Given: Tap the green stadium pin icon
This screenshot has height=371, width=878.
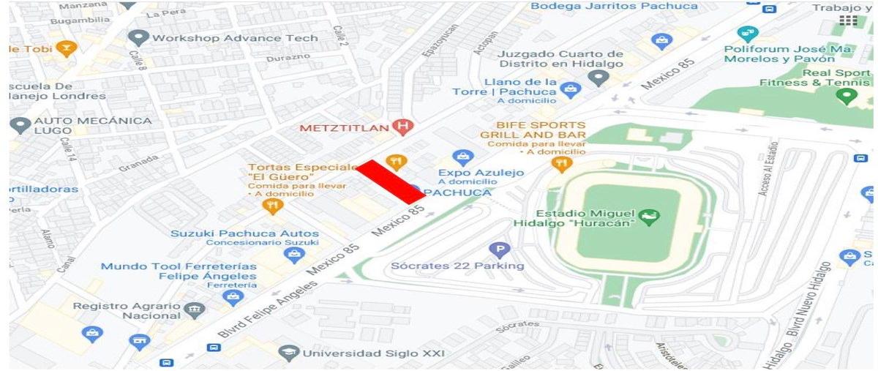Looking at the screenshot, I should (648, 217).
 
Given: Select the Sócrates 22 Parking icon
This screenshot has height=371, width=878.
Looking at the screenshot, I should (499, 250).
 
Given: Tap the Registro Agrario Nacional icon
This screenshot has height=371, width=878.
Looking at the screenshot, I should (195, 310).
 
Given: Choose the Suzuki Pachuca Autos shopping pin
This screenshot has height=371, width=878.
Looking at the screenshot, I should (295, 255).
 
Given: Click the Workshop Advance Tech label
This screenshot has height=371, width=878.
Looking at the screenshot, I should (235, 38).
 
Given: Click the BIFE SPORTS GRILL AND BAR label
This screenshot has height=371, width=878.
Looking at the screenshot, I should (533, 130).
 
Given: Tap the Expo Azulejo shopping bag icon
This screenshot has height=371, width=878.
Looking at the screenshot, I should (462, 157).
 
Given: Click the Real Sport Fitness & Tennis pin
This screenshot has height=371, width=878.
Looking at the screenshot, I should (847, 96).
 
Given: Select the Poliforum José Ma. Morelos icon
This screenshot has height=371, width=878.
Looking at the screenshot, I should (747, 34).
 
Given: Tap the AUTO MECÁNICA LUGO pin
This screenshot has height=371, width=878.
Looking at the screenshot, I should (20, 125).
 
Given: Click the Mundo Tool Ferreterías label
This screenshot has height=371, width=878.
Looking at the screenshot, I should (179, 266).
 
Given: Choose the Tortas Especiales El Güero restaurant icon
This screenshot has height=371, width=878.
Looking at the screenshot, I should (272, 206).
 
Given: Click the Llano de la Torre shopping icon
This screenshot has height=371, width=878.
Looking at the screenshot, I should (569, 90).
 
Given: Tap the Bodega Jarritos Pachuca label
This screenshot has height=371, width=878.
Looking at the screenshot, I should (614, 6).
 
